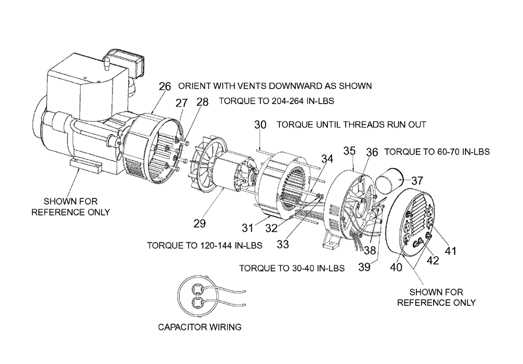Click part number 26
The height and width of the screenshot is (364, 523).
pyautogui.click(x=165, y=86)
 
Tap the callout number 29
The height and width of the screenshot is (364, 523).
pyautogui.click(x=199, y=223)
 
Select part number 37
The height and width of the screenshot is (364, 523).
pyautogui.click(x=417, y=180)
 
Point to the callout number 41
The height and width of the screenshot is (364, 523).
pyautogui.click(x=451, y=251)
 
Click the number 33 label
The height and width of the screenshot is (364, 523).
pyautogui.click(x=283, y=244)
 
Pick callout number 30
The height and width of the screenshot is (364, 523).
pyautogui.click(x=260, y=124)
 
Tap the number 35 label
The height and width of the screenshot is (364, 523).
pyautogui.click(x=349, y=151)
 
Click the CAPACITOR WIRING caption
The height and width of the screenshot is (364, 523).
pyautogui.click(x=199, y=327)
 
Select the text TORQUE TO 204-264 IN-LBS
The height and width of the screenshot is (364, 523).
pyautogui.click(x=277, y=101)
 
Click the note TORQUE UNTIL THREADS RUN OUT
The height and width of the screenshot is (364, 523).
pyautogui.click(x=351, y=125)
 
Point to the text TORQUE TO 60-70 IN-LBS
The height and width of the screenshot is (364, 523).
pyautogui.click(x=437, y=152)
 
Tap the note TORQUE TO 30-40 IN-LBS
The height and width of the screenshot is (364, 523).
pyautogui.click(x=292, y=268)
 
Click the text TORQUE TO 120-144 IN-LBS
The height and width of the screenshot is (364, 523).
pyautogui.click(x=205, y=246)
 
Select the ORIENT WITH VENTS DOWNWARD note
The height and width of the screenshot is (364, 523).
pyautogui.click(x=275, y=86)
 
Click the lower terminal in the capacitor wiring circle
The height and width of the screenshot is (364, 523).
pyautogui.click(x=197, y=303)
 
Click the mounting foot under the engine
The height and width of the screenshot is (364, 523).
pyautogui.click(x=85, y=165)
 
